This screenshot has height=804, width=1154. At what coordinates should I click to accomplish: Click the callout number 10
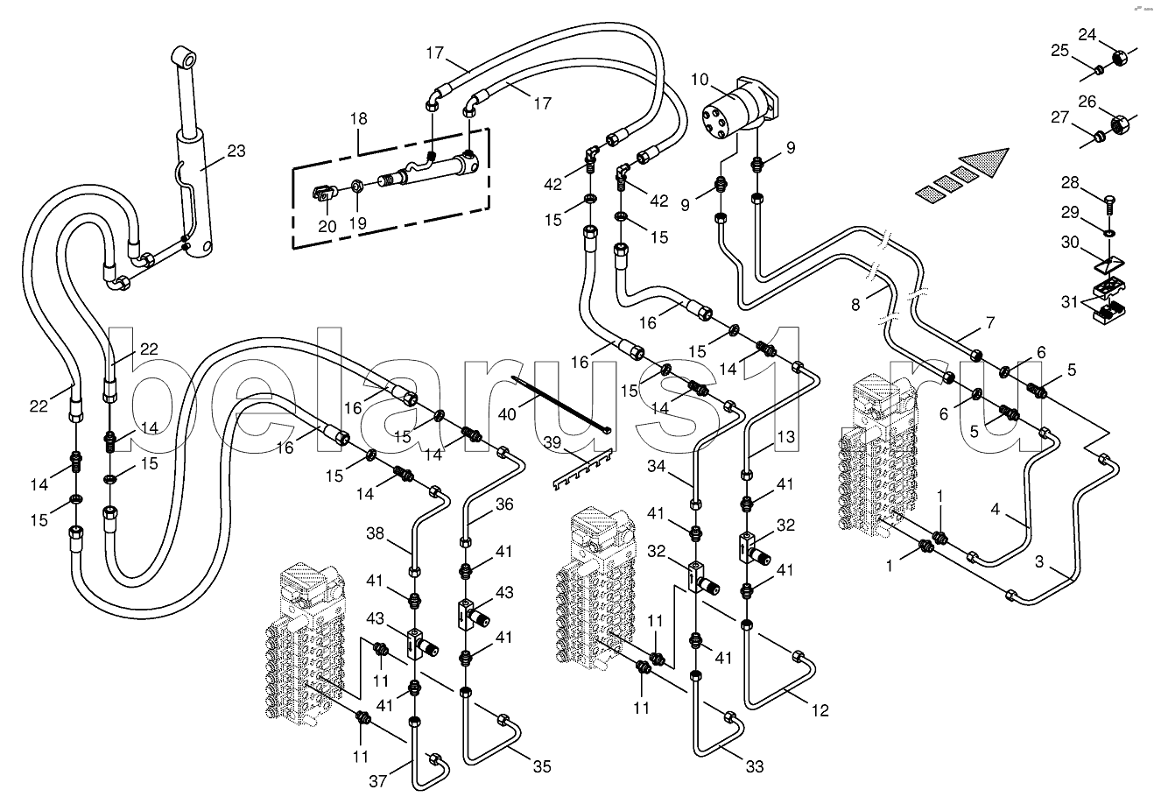point(700,80)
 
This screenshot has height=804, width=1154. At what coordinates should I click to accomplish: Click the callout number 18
point(359,118)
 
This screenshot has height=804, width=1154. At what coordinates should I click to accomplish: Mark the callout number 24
point(1087,35)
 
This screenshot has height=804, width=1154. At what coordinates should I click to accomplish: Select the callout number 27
point(1060,118)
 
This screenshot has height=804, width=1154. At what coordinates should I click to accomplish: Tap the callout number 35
point(542,766)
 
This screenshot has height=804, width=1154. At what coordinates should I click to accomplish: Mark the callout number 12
point(820,710)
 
